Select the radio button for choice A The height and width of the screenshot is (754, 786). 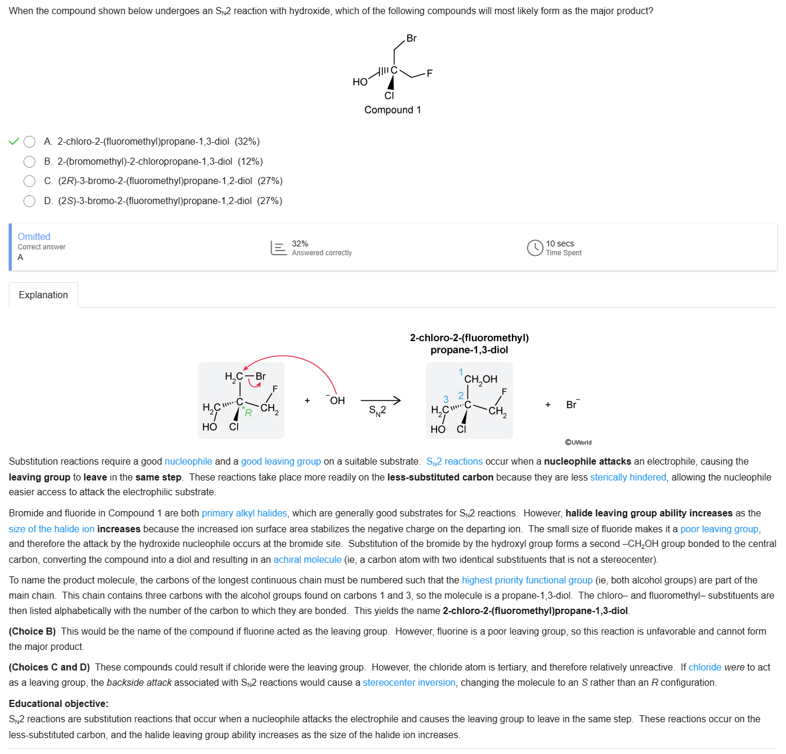click(x=29, y=142)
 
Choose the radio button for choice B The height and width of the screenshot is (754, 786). click(x=29, y=162)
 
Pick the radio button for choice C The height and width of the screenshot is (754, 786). click(x=29, y=181)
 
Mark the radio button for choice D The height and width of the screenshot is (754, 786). click(x=29, y=201)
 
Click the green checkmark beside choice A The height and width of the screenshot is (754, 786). click(x=14, y=142)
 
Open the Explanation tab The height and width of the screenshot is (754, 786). click(x=44, y=295)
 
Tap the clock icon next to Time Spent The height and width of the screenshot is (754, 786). click(x=535, y=248)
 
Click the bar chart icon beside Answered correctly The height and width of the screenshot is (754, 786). click(x=278, y=248)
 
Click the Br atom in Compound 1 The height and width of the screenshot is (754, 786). click(x=411, y=39)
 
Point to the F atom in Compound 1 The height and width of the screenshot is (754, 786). click(x=429, y=74)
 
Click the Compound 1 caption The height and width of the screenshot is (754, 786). click(x=392, y=110)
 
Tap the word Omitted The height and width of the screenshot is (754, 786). click(x=34, y=236)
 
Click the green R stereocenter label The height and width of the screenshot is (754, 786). click(x=248, y=413)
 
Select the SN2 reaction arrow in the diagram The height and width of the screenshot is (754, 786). click(x=381, y=401)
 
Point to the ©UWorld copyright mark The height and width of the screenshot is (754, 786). click(x=578, y=442)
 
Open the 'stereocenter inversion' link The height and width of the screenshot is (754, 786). click(x=409, y=683)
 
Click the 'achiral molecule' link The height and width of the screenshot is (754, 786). click(x=307, y=560)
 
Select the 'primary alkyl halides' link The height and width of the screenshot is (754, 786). click(x=244, y=513)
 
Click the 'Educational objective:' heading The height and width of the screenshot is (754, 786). click(x=59, y=704)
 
